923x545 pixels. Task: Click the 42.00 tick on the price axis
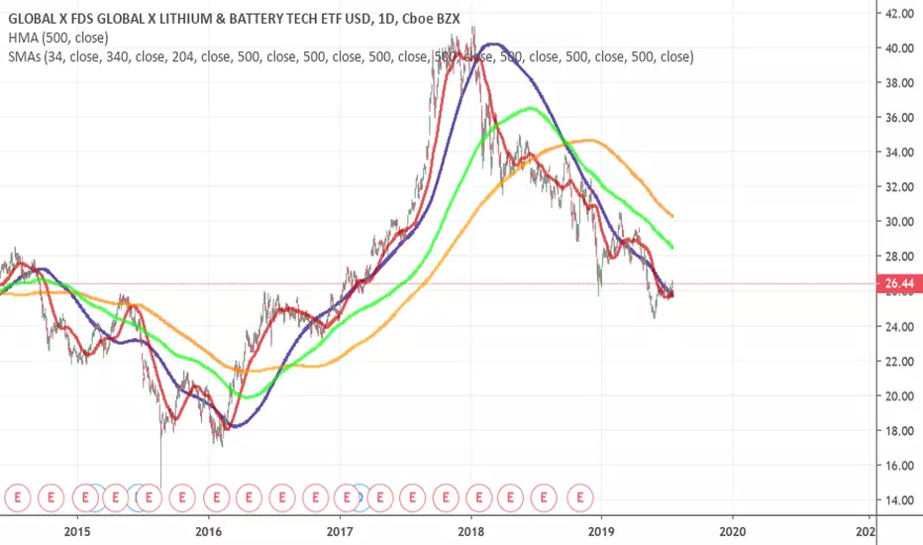pyautogui.click(x=897, y=13)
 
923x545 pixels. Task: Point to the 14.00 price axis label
pyautogui.click(x=897, y=499)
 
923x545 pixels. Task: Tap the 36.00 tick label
pyautogui.click(x=897, y=117)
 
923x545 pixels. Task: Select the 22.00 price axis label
pyautogui.click(x=897, y=361)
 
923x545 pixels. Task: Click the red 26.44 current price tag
pyautogui.click(x=897, y=283)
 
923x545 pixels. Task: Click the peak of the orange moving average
pyautogui.click(x=590, y=140)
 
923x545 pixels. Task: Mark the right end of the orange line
pyautogui.click(x=673, y=216)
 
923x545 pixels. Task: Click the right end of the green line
pyautogui.click(x=673, y=247)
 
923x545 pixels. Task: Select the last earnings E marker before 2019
pyautogui.click(x=581, y=492)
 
